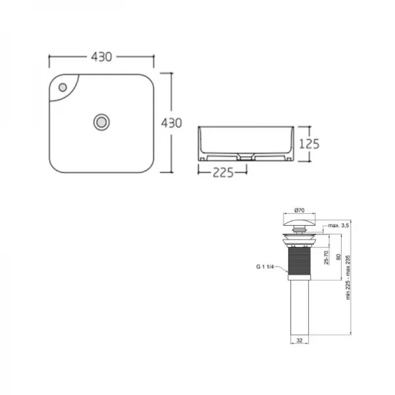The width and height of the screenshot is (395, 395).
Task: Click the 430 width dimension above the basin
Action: [x=101, y=57]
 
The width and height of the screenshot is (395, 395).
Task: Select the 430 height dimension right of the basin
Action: [x=171, y=122]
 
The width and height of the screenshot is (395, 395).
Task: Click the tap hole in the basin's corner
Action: [x=62, y=87]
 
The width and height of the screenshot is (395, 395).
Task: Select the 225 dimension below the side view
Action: [x=222, y=174]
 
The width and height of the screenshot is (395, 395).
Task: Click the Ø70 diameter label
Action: [x=299, y=211]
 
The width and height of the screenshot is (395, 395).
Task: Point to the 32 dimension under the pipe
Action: [x=300, y=340]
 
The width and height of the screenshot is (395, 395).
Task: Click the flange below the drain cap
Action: [x=300, y=234]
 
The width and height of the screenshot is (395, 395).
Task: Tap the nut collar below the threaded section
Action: [x=300, y=278]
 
